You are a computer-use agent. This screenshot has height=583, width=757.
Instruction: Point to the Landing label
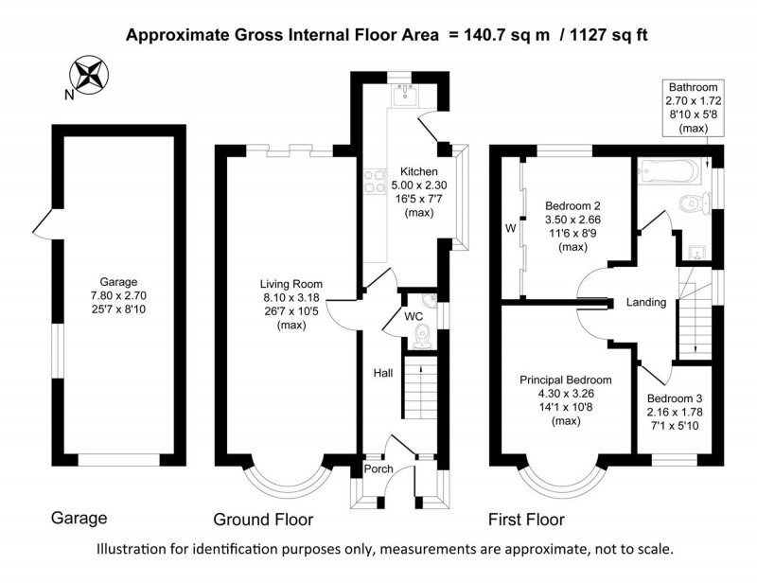tap(646, 303)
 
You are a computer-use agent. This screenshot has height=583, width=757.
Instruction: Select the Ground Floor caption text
tap(263, 520)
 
